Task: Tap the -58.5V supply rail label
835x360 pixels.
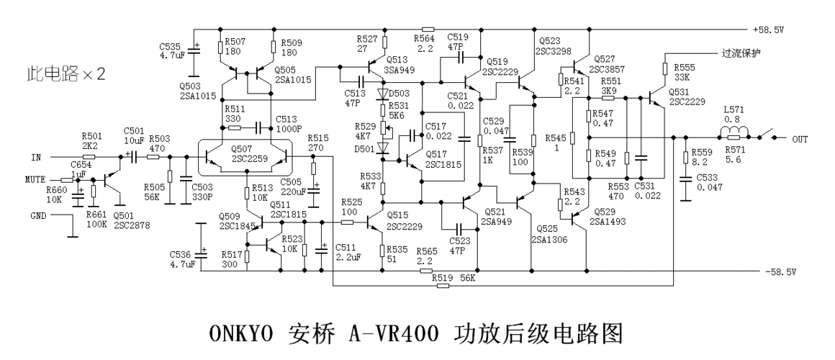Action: (x=782, y=272)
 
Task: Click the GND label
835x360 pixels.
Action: (x=39, y=215)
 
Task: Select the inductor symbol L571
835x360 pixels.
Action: (x=734, y=131)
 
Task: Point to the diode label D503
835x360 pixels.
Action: (x=400, y=94)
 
